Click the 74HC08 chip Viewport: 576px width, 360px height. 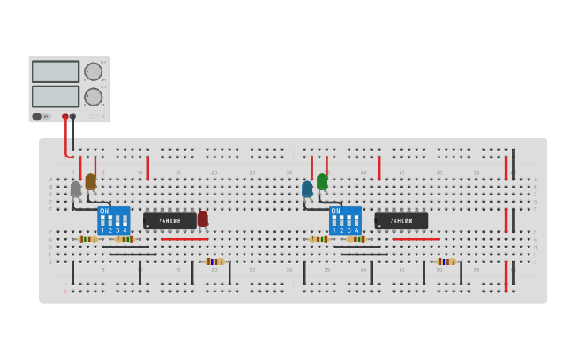click(x=169, y=220)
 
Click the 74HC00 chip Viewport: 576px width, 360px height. click(x=401, y=220)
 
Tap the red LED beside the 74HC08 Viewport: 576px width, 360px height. click(x=203, y=219)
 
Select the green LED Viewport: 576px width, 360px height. click(x=322, y=182)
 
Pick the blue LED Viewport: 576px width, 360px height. click(x=307, y=189)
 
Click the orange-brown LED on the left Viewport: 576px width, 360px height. click(x=91, y=182)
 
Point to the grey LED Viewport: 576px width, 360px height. click(x=75, y=189)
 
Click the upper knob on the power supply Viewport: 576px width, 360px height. click(x=93, y=72)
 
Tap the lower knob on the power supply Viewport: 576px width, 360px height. click(x=93, y=97)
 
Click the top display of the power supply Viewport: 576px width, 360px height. click(x=56, y=72)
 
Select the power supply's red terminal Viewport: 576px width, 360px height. click(x=65, y=117)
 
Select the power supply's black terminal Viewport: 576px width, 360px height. click(x=73, y=117)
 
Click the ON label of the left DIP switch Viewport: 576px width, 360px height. click(x=104, y=211)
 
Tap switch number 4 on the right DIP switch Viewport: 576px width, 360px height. click(x=357, y=222)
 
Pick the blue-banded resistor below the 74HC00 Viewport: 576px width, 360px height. click(x=446, y=261)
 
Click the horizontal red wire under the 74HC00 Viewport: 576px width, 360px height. click(x=416, y=239)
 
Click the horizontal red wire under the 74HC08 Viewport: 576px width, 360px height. click(x=184, y=239)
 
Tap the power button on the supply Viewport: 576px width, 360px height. click(x=37, y=117)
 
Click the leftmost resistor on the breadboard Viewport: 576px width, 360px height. click(x=88, y=239)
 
